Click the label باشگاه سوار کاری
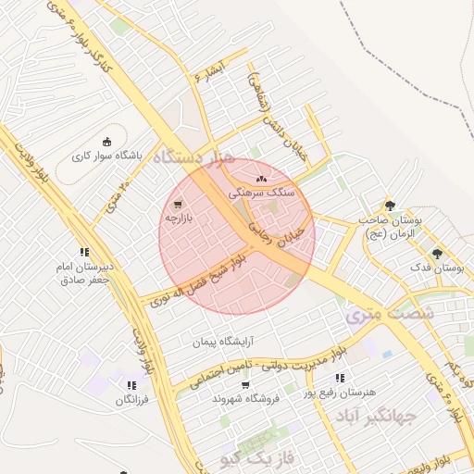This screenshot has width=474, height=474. [108, 156]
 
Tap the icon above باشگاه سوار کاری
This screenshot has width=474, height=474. [107, 143]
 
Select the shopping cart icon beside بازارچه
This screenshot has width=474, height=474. [176, 205]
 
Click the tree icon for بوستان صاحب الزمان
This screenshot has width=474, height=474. [389, 206]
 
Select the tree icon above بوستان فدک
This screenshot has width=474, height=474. [437, 254]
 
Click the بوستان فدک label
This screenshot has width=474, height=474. [440, 268]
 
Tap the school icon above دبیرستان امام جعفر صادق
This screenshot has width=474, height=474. [84, 251]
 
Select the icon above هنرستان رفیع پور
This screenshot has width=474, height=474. [340, 378]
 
